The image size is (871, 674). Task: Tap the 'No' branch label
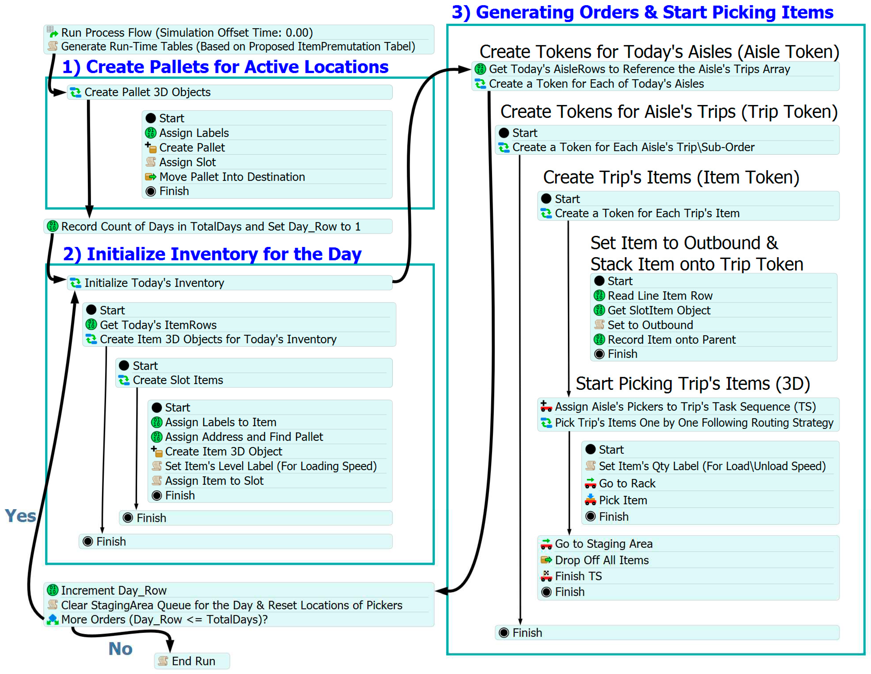click(x=120, y=648)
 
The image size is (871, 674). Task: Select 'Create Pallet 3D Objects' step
click(x=147, y=92)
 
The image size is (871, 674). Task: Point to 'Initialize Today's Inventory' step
click(x=154, y=283)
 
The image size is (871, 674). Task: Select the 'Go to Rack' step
click(x=627, y=483)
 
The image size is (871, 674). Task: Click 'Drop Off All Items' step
click(x=601, y=560)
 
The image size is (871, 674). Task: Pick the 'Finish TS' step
click(x=578, y=576)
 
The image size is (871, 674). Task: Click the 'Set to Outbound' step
click(x=650, y=325)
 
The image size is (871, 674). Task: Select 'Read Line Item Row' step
click(x=660, y=295)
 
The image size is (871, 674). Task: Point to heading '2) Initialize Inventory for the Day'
click(x=212, y=254)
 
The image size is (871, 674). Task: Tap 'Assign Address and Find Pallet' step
click(x=244, y=437)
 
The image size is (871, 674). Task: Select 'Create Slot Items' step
click(x=178, y=380)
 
